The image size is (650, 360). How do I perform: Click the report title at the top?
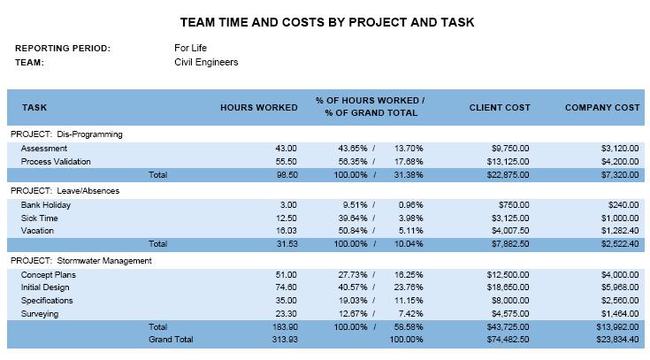tap(326, 22)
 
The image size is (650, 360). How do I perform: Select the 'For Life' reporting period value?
tap(192, 48)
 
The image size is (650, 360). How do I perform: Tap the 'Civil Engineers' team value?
tap(206, 63)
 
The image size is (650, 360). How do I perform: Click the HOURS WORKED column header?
tap(258, 108)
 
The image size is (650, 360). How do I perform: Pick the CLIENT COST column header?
tap(500, 108)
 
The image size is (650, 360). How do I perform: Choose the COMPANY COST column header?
tap(601, 108)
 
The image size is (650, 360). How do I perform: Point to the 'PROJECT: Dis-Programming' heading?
tap(66, 134)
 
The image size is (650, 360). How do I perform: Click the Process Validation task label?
tap(57, 162)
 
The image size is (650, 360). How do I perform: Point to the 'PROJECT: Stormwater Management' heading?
tap(81, 260)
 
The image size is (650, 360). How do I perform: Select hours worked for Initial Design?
tap(286, 287)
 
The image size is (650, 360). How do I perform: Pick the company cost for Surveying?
tap(619, 313)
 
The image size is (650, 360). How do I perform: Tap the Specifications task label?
tap(48, 301)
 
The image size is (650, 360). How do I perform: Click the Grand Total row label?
tap(171, 339)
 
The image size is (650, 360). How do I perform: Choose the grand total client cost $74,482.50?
tap(508, 339)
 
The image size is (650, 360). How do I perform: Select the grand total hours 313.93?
tap(283, 339)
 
